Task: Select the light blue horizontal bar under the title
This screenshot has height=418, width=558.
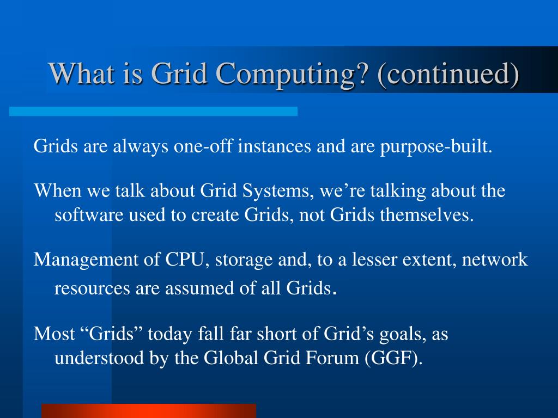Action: pyautogui.click(x=153, y=111)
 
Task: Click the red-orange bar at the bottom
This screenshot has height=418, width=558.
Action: pyautogui.click(x=148, y=410)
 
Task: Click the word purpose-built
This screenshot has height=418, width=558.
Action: pyautogui.click(x=435, y=147)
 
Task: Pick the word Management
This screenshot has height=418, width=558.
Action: pyautogui.click(x=88, y=260)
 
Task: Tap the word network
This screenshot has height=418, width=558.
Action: pyautogui.click(x=495, y=260)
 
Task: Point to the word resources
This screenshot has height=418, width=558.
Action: pyautogui.click(x=90, y=288)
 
